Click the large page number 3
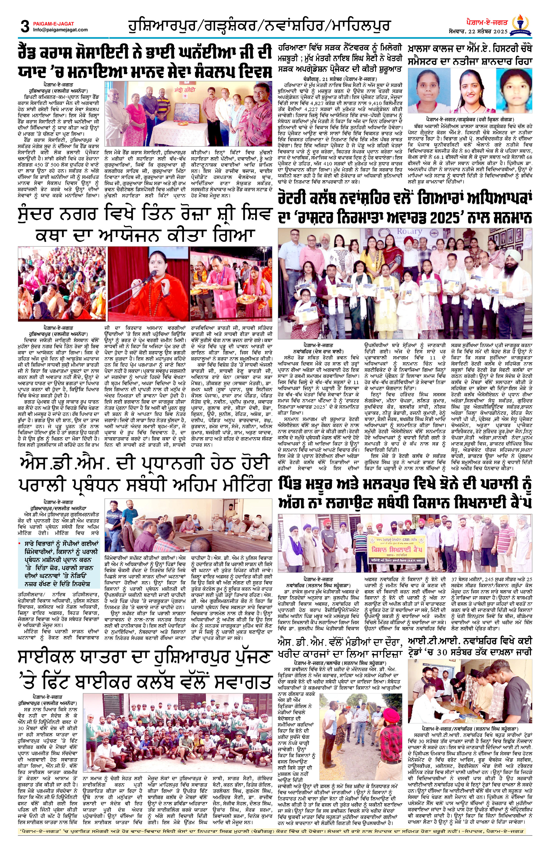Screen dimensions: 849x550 (x=25, y=27)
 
